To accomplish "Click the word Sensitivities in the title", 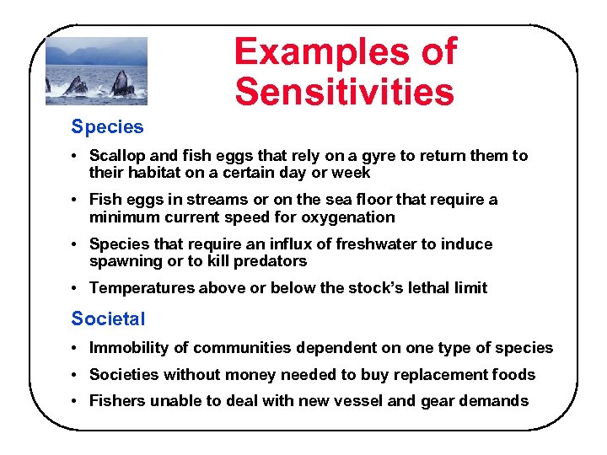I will pyautogui.click(x=344, y=92).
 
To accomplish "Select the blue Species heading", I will pyautogui.click(x=107, y=127).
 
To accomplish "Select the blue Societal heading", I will pyautogui.click(x=108, y=319).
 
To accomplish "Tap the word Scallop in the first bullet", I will pyautogui.click(x=119, y=156).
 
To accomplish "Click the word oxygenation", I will pyautogui.click(x=344, y=217).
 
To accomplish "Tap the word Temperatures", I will pyautogui.click(x=142, y=288).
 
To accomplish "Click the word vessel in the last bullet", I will pyautogui.click(x=357, y=401).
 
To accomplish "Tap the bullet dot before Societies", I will pyautogui.click(x=76, y=374).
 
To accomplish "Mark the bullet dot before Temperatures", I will pyautogui.click(x=76, y=288).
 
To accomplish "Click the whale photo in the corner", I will pyautogui.click(x=96, y=71).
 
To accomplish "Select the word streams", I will pyautogui.click(x=201, y=200).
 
